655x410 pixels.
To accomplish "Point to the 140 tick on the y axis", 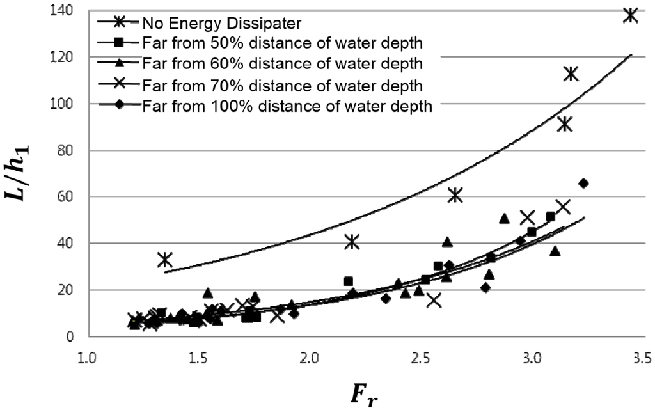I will click(63, 11).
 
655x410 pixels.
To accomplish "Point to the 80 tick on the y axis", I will click(67, 151).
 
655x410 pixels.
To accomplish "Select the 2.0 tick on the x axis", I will click(310, 355).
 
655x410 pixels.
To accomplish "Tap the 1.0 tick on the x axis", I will click(88, 355).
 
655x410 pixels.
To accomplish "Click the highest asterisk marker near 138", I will click(631, 15).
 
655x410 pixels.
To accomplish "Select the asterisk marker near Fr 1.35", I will click(166, 260).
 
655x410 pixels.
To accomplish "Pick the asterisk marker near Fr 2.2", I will click(352, 242).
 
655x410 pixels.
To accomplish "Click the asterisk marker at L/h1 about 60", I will click(455, 195).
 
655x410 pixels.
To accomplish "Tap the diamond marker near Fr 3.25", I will click(583, 184).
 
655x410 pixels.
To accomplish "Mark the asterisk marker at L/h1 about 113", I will click(571, 74).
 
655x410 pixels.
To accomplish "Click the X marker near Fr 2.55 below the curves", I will click(434, 300).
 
